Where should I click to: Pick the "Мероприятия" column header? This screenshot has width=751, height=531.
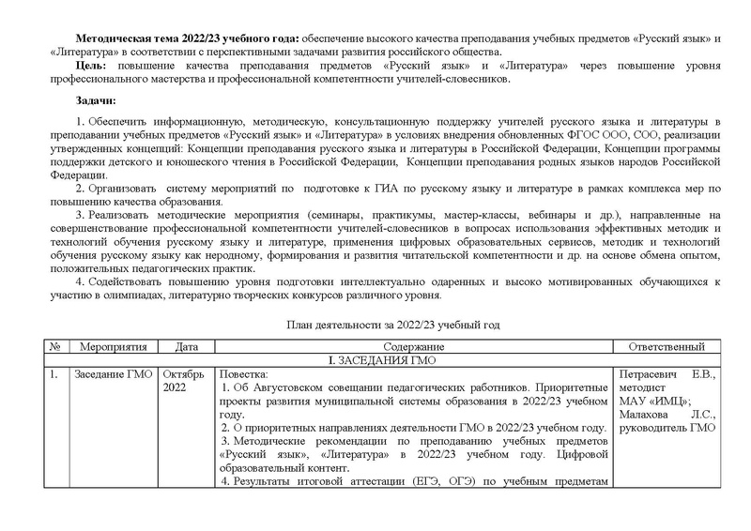pos(112,346)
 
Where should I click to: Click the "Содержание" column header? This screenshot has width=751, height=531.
pos(412,346)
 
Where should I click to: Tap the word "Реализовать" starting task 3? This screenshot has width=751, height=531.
pos(118,216)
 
